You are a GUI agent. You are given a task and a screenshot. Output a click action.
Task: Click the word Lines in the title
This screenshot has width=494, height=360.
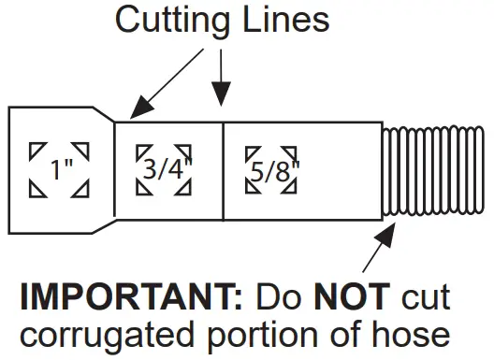pyautogui.click(x=284, y=20)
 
